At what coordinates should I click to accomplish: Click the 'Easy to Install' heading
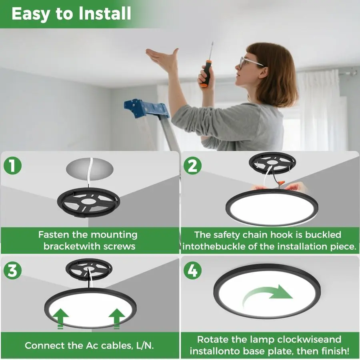point(71,14)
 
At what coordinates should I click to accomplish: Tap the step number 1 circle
point(13,166)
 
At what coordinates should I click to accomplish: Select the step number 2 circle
point(192,166)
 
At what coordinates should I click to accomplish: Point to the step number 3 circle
point(13,271)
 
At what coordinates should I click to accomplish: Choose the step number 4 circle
point(192,271)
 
